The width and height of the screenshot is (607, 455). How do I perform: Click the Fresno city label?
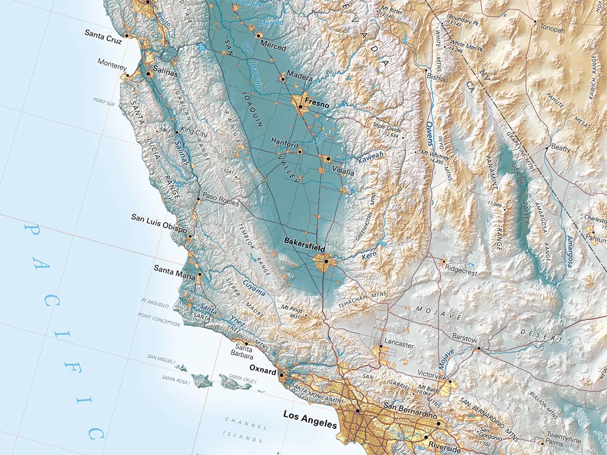click(x=317, y=101)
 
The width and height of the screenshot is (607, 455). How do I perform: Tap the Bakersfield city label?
click(x=304, y=242)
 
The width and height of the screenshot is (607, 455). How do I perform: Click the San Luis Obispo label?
click(x=159, y=218)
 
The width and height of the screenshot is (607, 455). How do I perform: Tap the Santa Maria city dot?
click(x=200, y=274)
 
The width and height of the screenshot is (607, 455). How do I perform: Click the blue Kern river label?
click(x=369, y=256)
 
